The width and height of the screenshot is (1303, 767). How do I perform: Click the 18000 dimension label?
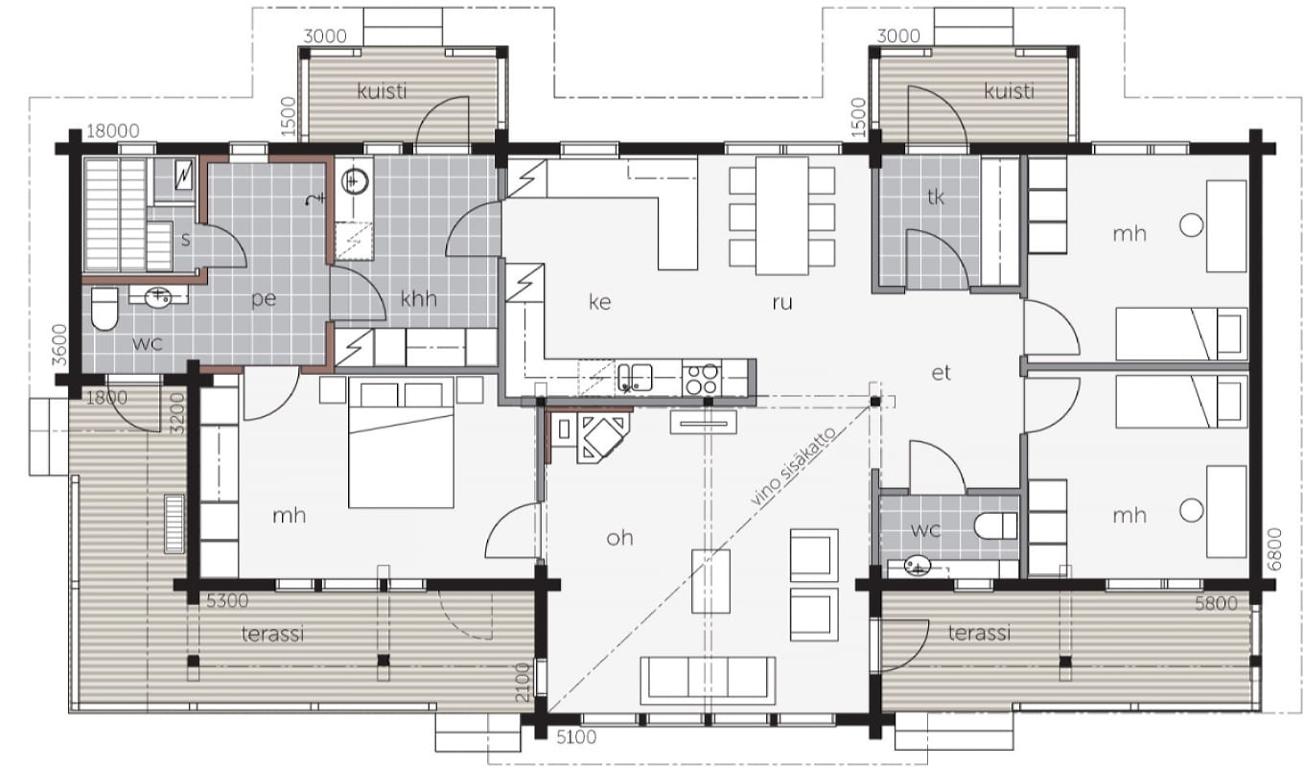(x=113, y=130)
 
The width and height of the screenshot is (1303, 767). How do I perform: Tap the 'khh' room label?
(x=419, y=299)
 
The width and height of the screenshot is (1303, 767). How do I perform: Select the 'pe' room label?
(x=264, y=299)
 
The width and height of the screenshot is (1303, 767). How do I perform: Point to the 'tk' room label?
(x=936, y=198)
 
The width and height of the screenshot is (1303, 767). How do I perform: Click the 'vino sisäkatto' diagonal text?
(x=794, y=466)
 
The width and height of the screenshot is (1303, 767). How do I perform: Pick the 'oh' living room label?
(x=619, y=538)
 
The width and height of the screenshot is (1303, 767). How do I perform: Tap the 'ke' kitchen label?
(x=600, y=302)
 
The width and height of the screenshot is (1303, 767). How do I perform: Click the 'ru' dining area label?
(x=782, y=302)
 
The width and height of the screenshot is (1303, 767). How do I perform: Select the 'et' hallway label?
(x=941, y=373)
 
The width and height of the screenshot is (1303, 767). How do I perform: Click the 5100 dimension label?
(x=576, y=737)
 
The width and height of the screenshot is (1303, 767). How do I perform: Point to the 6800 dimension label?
(x=1273, y=549)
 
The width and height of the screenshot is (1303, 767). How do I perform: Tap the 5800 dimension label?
(x=1217, y=604)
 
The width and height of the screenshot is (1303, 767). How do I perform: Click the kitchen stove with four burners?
(x=702, y=378)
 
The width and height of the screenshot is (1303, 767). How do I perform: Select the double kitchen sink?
(x=635, y=378)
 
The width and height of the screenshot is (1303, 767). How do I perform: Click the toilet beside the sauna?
(x=105, y=309)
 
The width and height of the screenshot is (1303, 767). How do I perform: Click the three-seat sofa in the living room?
(x=708, y=681)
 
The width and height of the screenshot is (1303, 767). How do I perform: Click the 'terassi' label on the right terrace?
(x=979, y=633)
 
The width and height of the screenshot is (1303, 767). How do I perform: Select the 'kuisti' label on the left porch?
(x=382, y=91)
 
